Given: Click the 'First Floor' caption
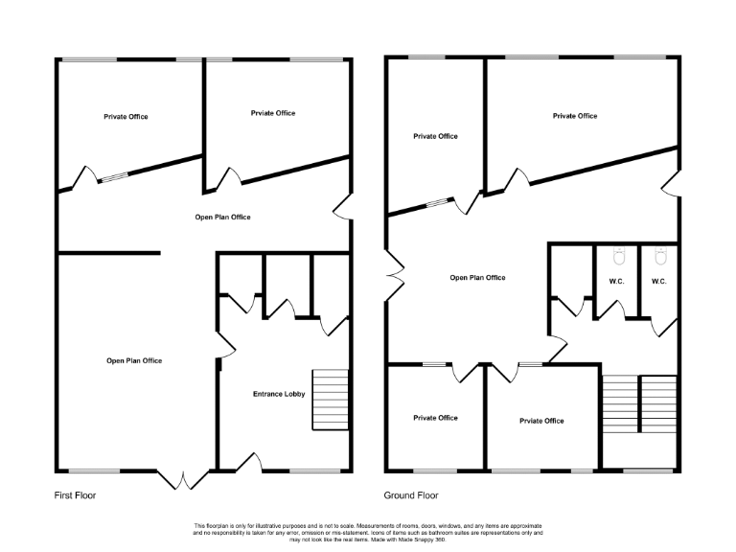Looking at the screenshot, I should tap(75, 495).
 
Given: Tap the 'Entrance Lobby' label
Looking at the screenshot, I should tap(279, 394).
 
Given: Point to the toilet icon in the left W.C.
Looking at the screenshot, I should tap(618, 258).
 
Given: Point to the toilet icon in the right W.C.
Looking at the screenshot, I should tap(659, 258).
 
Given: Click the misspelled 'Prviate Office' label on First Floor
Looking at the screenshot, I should tap(273, 113).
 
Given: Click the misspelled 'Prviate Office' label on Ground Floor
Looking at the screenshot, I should tap(541, 421).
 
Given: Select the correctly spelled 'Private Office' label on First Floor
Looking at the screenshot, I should tap(126, 117).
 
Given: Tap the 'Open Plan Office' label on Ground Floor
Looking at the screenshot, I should tap(477, 278).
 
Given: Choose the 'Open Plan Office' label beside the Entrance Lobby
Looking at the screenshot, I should tap(134, 360).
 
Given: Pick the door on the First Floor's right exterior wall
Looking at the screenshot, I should tap(342, 207).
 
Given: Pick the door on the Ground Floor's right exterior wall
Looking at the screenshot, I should tap(672, 183).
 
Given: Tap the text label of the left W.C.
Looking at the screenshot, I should tap(617, 281).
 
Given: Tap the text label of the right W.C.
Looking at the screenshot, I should tap(659, 281).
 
